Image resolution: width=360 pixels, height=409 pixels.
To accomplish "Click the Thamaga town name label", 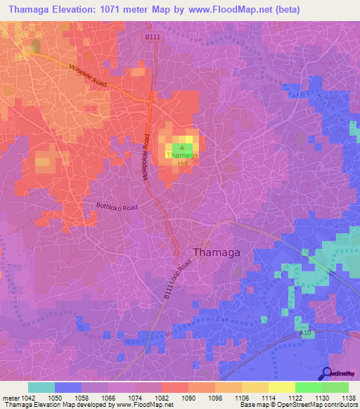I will [216, 252].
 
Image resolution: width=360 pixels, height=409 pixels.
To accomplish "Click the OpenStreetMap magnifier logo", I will [327, 374].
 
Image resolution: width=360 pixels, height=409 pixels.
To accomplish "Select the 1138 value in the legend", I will [348, 398].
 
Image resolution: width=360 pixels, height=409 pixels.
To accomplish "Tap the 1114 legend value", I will [268, 398].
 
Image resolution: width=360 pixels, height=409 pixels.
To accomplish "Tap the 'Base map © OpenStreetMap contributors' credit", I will [298, 405].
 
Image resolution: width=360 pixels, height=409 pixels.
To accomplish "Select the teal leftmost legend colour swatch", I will [41, 387].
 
